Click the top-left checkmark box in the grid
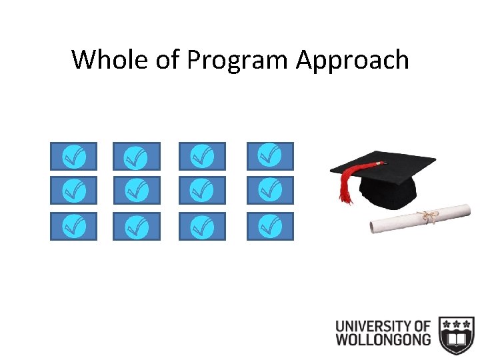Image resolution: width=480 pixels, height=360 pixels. (73, 156)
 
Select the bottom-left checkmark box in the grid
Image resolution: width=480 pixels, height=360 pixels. (73, 226)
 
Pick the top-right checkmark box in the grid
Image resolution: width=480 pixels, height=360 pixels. (269, 156)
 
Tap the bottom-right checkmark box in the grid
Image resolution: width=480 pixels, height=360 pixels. (269, 226)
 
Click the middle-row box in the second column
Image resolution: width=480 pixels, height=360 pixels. (136, 191)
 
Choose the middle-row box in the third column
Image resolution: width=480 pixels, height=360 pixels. (202, 191)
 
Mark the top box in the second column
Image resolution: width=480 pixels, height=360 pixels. (136, 156)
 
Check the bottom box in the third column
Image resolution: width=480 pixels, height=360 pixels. (202, 226)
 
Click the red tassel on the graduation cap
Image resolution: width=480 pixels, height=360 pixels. (345, 183)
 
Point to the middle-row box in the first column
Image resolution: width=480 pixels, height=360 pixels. (73, 191)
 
